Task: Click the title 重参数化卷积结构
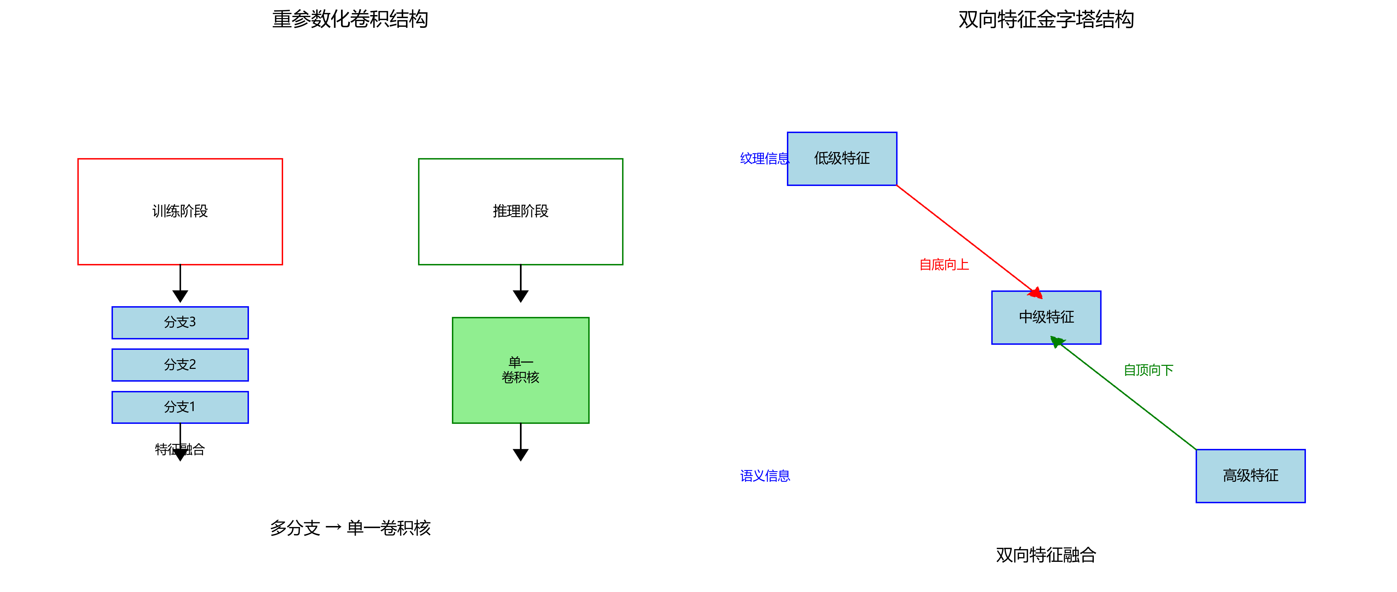(350, 19)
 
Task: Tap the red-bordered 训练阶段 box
(180, 211)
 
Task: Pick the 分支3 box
(180, 323)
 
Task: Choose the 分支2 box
(180, 365)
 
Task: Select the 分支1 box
(180, 407)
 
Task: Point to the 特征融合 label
(180, 449)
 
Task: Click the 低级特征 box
(842, 158)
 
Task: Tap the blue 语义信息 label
(764, 476)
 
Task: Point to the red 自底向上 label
(944, 265)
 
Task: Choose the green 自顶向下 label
(1148, 370)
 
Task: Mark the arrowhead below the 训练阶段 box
(180, 296)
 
